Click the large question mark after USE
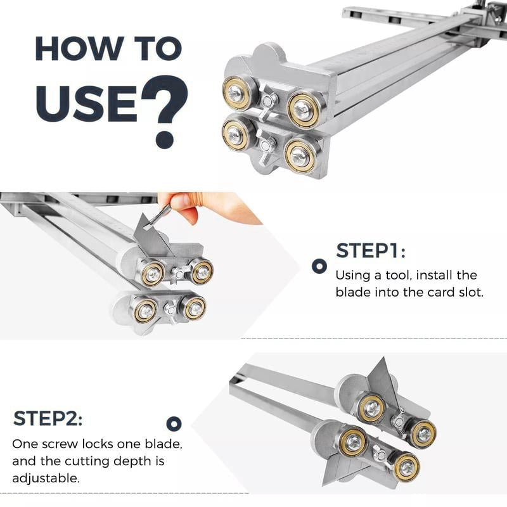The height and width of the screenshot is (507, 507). tap(166, 111)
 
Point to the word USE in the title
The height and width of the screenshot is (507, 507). tap(86, 102)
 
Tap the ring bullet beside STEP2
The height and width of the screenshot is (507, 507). tap(174, 424)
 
